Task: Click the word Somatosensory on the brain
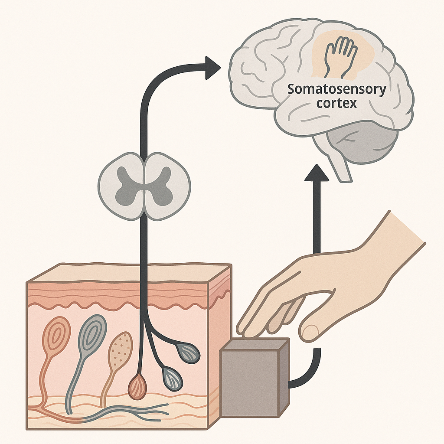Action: pos(336,91)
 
